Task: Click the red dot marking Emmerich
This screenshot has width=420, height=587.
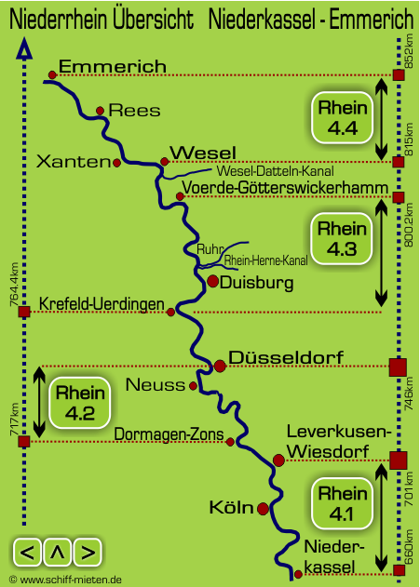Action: click(x=52, y=74)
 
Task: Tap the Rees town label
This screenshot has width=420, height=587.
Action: click(x=134, y=111)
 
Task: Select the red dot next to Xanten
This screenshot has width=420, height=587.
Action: click(x=116, y=163)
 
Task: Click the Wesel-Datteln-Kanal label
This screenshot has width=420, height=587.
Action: click(x=276, y=171)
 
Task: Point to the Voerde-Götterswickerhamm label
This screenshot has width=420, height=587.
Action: click(x=285, y=188)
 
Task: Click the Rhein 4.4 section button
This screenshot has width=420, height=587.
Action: click(x=343, y=117)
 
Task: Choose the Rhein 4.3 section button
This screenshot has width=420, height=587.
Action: click(x=342, y=238)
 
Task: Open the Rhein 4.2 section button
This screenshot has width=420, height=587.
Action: click(x=80, y=403)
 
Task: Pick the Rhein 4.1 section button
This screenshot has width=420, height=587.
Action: click(x=343, y=503)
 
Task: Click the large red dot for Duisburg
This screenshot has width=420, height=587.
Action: click(x=212, y=281)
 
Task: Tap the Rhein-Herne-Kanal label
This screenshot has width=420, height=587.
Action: click(x=266, y=260)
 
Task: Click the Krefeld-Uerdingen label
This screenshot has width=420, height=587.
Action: click(x=102, y=304)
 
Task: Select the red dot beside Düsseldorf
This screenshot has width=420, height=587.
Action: click(x=220, y=366)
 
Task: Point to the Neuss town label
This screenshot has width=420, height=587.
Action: click(x=156, y=385)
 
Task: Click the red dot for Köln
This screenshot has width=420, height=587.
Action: click(x=263, y=509)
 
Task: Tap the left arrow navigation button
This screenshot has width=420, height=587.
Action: click(x=28, y=553)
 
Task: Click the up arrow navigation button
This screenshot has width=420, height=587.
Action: click(x=58, y=553)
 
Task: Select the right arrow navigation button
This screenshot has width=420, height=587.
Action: click(x=88, y=553)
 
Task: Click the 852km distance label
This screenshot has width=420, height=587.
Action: click(x=410, y=51)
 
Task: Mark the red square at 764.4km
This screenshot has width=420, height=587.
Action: click(x=24, y=312)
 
